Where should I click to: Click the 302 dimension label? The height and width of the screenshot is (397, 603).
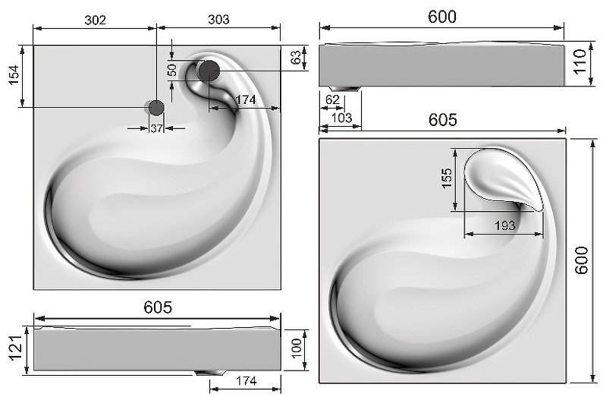click(x=95, y=20)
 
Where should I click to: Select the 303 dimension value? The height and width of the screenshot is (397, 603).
click(x=218, y=19)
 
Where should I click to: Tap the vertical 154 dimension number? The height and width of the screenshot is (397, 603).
click(x=14, y=75)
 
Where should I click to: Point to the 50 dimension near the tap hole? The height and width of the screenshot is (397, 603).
click(x=173, y=70)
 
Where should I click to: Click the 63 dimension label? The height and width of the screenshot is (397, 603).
click(x=296, y=58)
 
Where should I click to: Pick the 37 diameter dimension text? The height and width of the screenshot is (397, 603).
click(x=156, y=128)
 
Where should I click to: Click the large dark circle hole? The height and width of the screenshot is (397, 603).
click(x=209, y=71)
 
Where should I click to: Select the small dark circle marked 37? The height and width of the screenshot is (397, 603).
click(x=156, y=108)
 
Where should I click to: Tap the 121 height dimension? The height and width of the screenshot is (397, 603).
click(x=16, y=348)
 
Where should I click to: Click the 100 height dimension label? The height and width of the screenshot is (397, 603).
click(x=297, y=348)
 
